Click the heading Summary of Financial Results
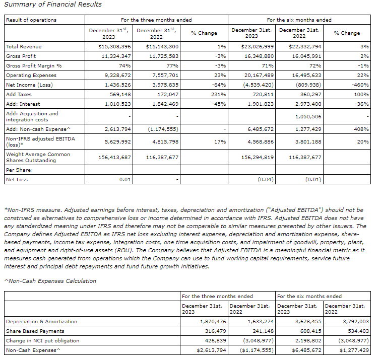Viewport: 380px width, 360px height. [x=53, y=5]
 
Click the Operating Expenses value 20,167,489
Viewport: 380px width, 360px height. [x=258, y=75]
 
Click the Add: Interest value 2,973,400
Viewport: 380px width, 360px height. [x=305, y=104]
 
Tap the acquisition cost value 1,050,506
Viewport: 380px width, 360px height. [x=305, y=116]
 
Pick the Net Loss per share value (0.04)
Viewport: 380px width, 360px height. [x=265, y=179]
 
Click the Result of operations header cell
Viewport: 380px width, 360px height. [x=31, y=20]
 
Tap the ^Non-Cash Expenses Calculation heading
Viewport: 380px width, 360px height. [x=50, y=281]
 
